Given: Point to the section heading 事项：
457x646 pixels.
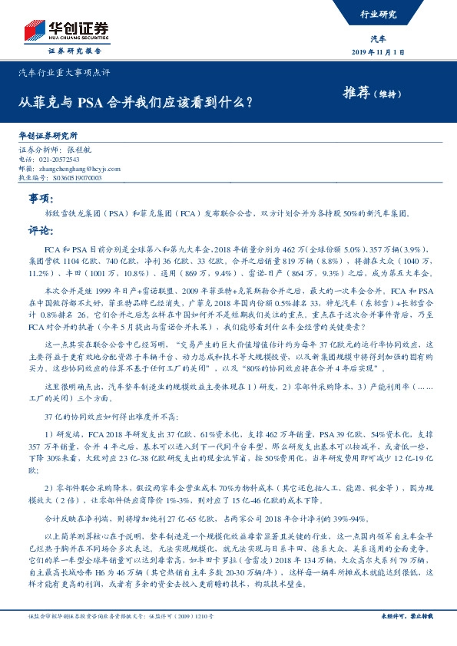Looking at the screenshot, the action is pyautogui.click(x=39, y=199).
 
